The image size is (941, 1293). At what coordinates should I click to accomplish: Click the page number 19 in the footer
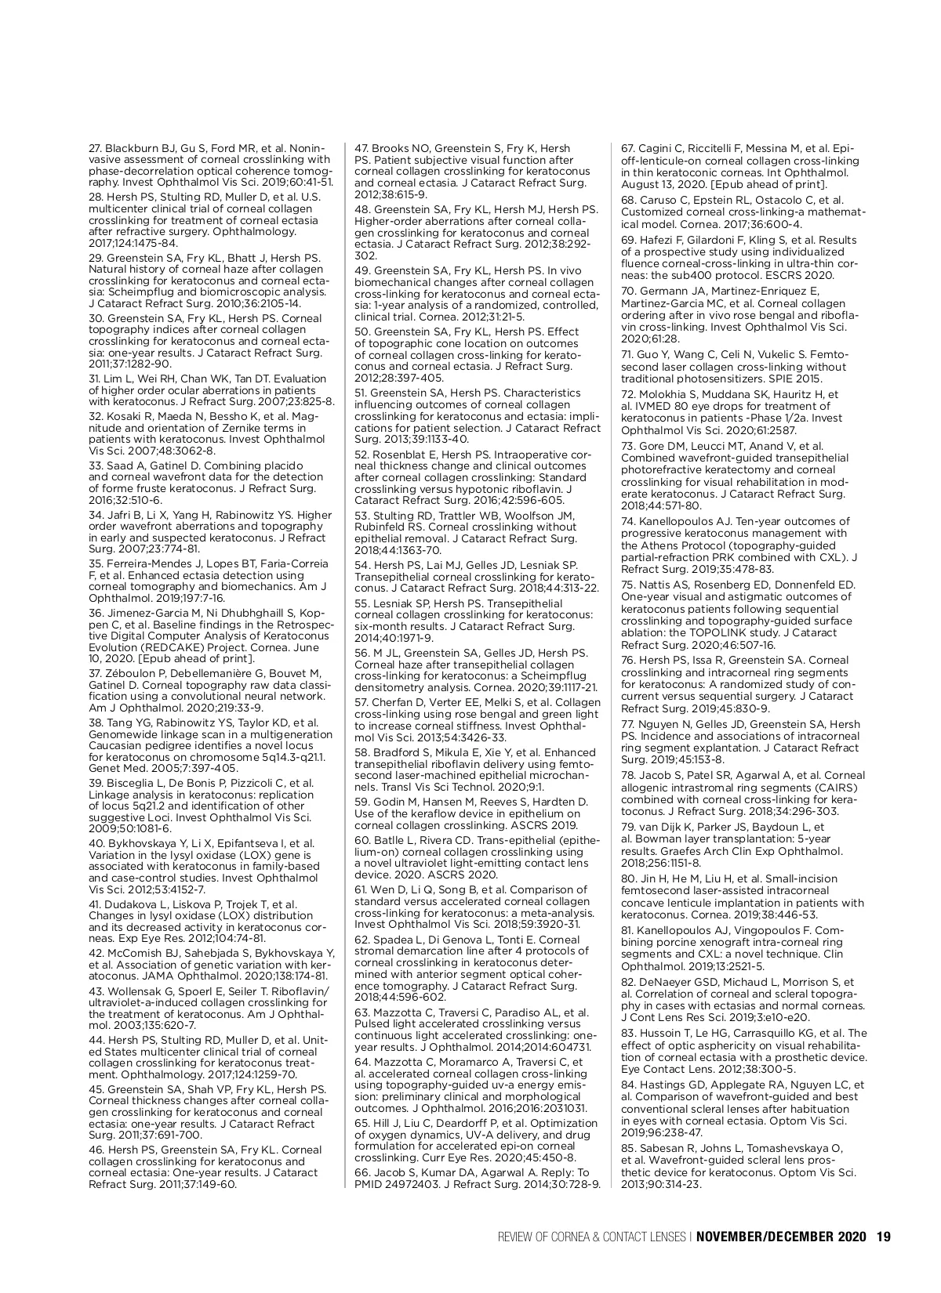tap(884, 1237)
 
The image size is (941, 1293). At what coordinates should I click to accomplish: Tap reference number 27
tap(96, 148)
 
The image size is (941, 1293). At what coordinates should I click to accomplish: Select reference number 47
tap(362, 148)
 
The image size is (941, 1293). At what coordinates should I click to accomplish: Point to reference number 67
tap(628, 148)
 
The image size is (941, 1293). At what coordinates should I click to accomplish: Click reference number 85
tap(628, 1150)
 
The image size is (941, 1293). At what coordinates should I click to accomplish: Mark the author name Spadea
tap(394, 940)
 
